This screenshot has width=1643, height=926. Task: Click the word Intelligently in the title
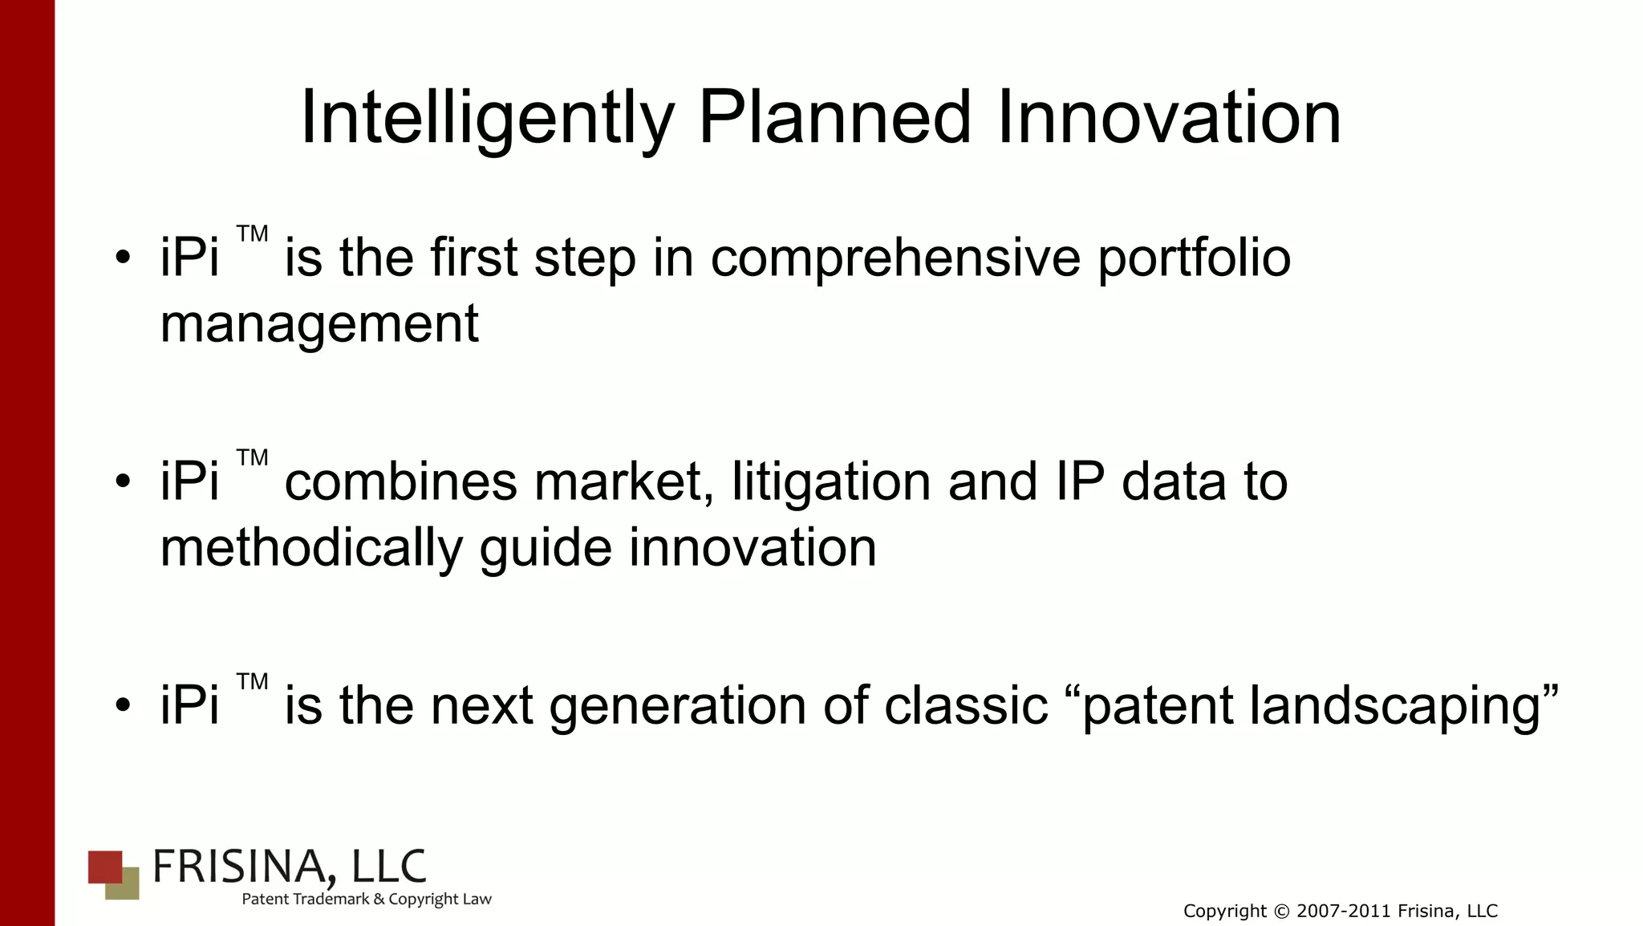point(486,119)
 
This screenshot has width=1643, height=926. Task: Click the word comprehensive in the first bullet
point(895,258)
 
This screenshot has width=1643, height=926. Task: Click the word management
point(319,324)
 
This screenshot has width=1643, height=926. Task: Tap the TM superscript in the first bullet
point(252,234)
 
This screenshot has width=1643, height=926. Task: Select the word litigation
point(832,482)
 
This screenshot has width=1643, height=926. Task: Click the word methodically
point(311,548)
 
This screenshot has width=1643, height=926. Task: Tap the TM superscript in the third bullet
point(252,682)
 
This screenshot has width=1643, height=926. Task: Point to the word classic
point(966,706)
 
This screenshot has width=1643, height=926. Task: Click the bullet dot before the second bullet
point(122,481)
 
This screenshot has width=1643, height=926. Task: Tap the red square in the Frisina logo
point(103,866)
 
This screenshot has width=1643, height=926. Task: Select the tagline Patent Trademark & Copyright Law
point(367,900)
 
